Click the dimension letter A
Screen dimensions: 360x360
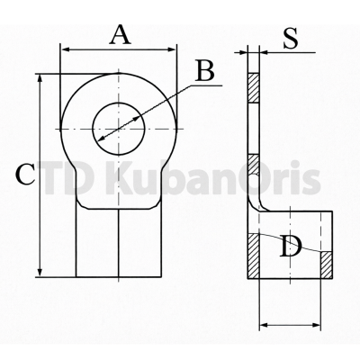click(121, 35)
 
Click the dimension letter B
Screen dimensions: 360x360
click(204, 71)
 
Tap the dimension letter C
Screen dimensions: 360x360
click(26, 175)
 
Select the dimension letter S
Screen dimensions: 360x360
click(291, 39)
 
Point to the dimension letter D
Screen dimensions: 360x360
click(290, 247)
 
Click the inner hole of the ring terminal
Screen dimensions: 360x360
click(119, 129)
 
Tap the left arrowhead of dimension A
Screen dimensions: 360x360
click(66, 49)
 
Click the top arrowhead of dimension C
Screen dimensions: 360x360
click(40, 79)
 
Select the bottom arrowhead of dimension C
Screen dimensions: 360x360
click(40, 271)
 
